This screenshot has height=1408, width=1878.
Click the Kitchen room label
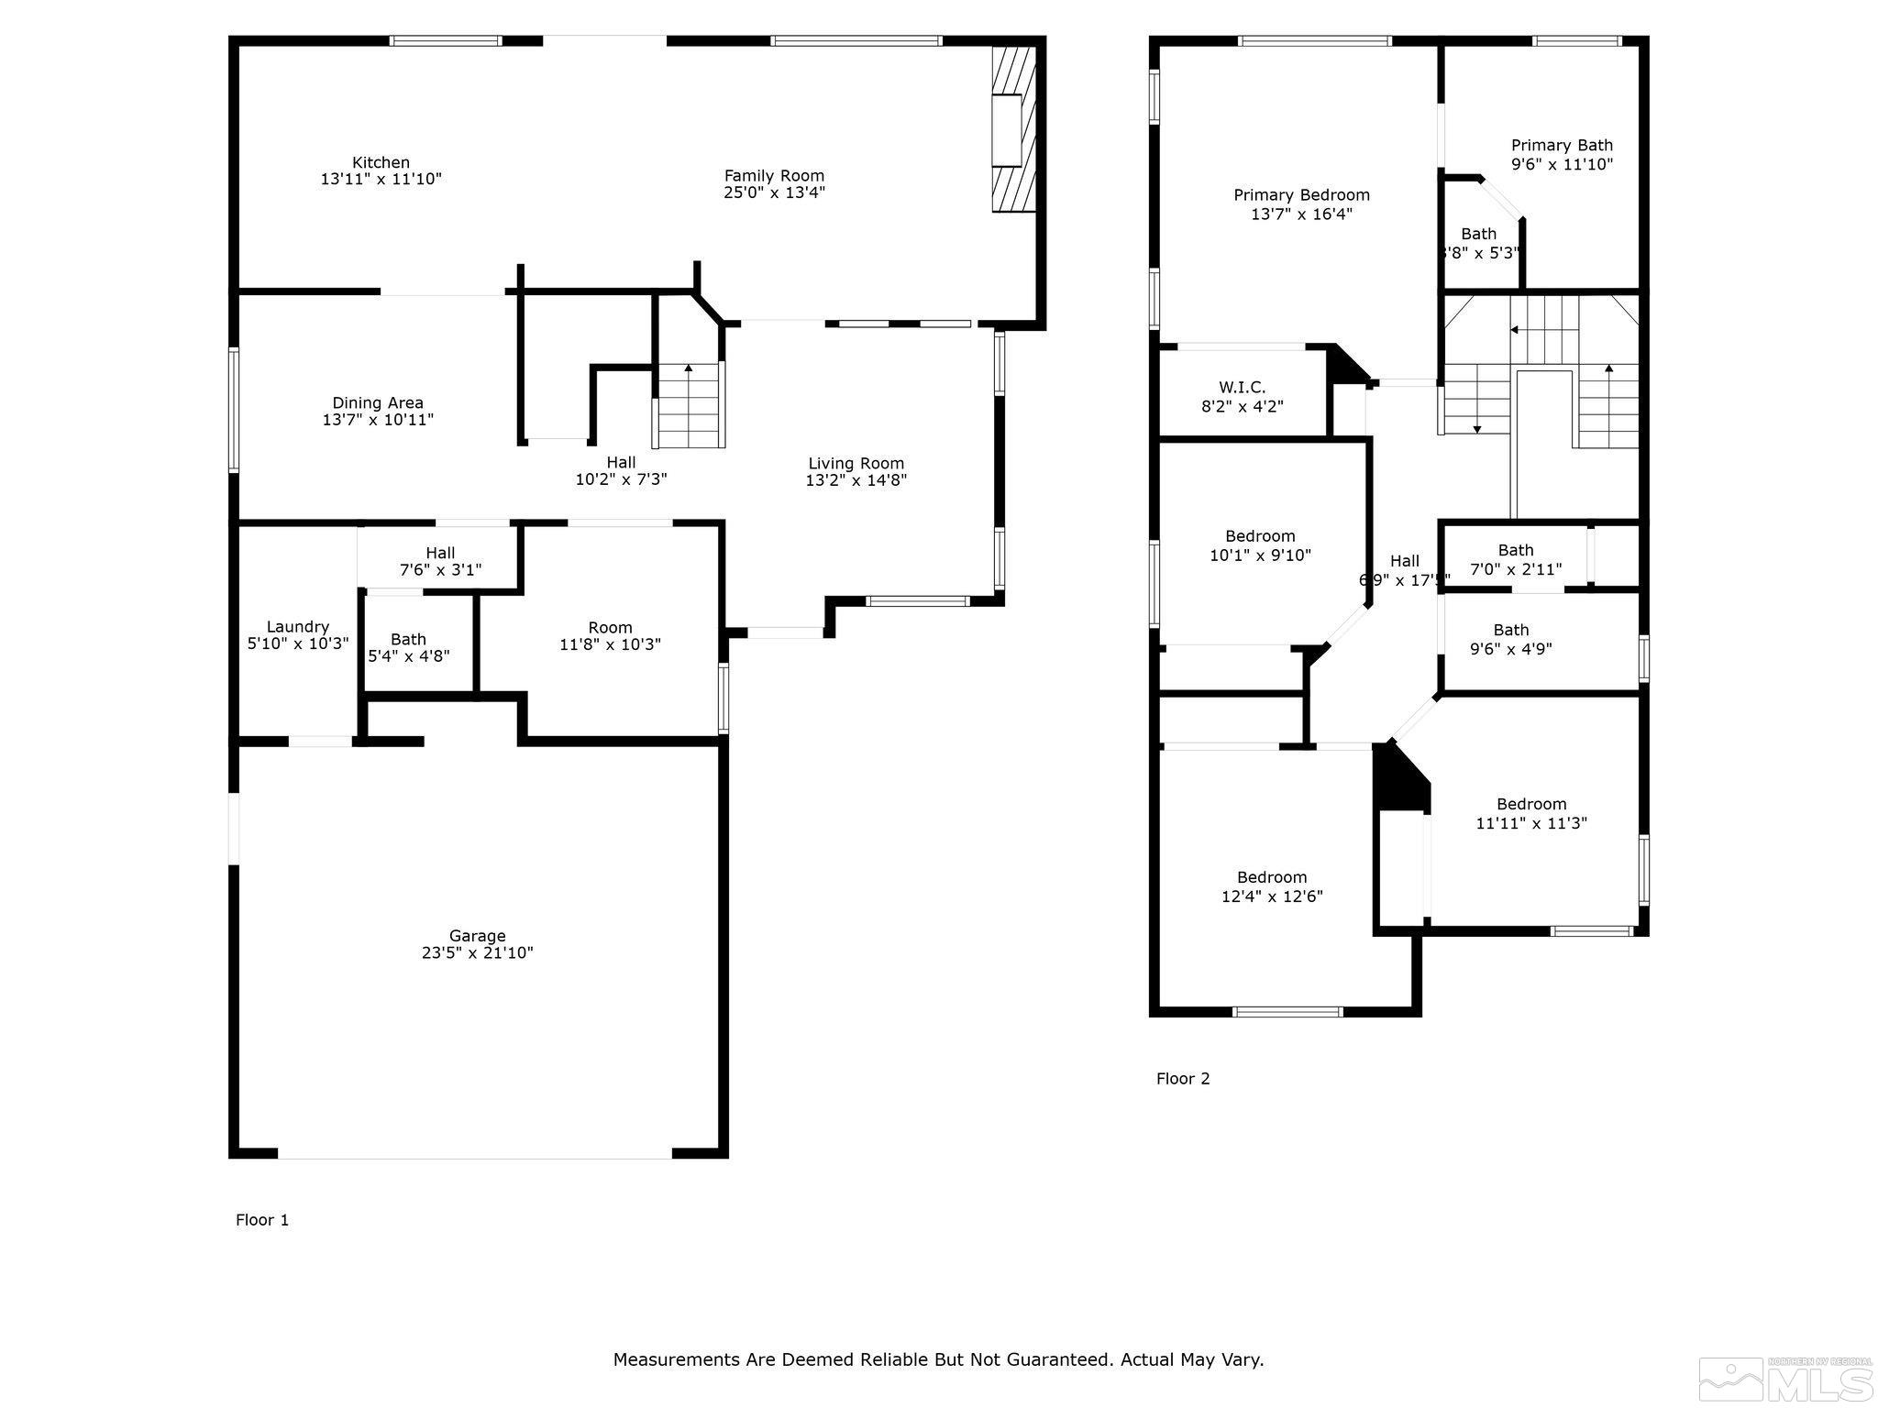pos(381,163)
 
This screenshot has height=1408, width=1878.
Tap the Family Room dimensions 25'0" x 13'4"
pos(774,192)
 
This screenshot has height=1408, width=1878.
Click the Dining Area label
pos(378,403)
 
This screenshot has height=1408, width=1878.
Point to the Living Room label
pos(856,464)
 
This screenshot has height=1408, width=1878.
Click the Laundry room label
pos(297,627)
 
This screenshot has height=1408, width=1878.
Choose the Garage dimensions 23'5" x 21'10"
pos(477,953)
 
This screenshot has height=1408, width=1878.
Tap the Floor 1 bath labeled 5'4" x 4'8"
pos(408,648)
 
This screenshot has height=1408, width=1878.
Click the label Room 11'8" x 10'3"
pos(610,636)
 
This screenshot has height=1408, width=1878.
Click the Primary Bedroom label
pos(1301,195)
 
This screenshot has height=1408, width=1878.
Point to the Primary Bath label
pos(1562,146)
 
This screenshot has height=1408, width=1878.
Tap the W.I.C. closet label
pos(1242,388)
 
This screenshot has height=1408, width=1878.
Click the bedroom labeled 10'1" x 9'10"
pos(1260,545)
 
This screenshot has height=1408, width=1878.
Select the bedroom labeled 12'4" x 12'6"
pos(1271,886)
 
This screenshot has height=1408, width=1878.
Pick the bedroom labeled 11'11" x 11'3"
pos(1530,814)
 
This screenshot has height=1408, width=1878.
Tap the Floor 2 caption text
pos(1183,1079)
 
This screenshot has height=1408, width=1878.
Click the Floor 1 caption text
pos(262,1220)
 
